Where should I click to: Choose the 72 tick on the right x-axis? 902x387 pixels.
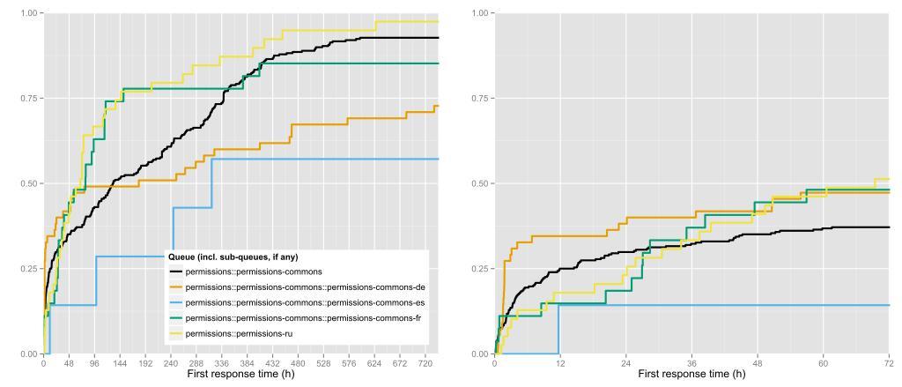pyautogui.click(x=888, y=362)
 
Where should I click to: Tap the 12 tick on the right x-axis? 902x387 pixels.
pyautogui.click(x=559, y=362)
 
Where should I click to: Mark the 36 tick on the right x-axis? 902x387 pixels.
pyautogui.click(x=691, y=362)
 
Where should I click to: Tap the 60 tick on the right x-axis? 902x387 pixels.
pyautogui.click(x=823, y=362)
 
